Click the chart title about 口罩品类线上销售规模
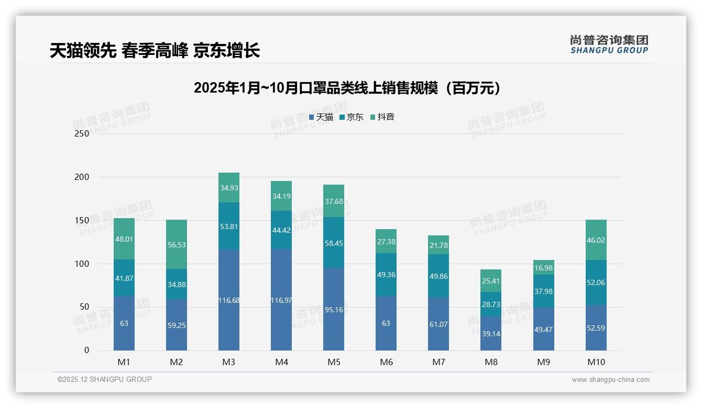[347, 88]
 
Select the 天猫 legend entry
[321, 117]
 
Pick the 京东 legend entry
[351, 117]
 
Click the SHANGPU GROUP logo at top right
[609, 44]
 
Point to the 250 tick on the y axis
[82, 133]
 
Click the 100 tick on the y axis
[82, 264]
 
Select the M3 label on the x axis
[229, 362]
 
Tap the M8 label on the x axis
[491, 362]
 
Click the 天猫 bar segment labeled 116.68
[229, 300]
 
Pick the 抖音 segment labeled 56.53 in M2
[177, 244]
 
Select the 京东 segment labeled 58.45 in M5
[334, 243]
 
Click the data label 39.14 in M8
[491, 334]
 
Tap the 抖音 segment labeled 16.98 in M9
[543, 268]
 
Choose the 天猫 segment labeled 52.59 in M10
[596, 328]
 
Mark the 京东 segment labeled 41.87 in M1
[124, 278]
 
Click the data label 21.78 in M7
[438, 245]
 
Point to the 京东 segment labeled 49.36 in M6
[386, 275]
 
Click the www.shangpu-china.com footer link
[610, 380]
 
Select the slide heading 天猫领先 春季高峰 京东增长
[155, 51]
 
